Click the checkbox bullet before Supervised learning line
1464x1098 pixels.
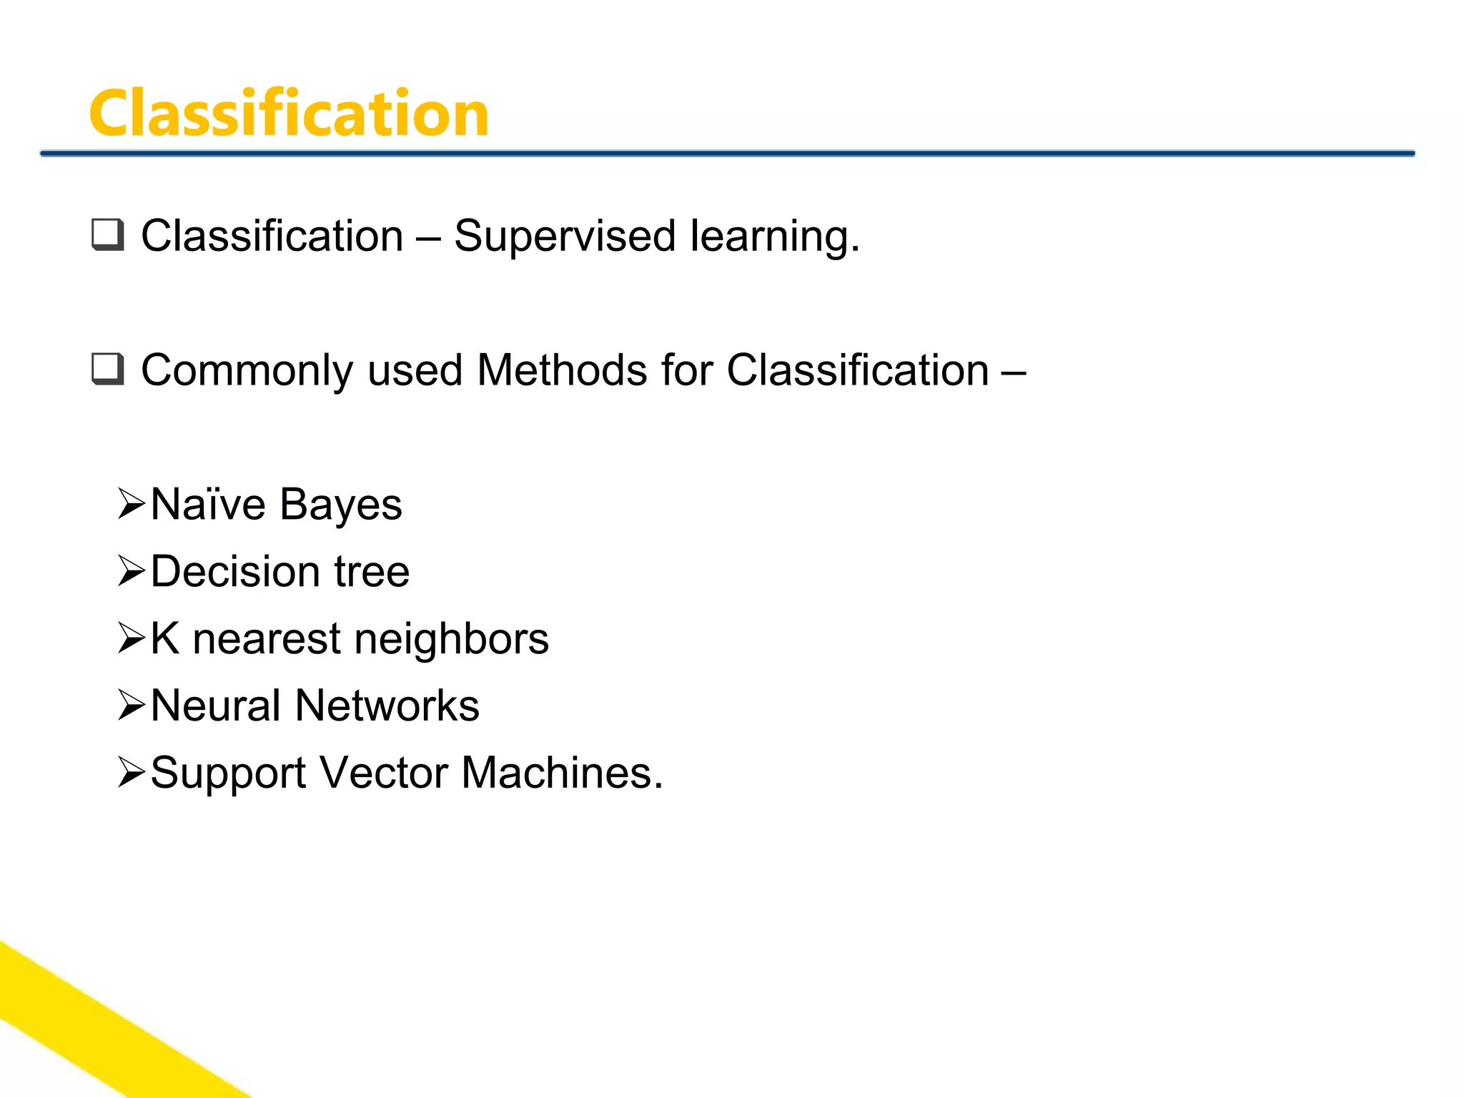click(x=108, y=235)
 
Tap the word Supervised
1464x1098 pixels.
click(x=565, y=237)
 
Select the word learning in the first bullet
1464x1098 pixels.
click(x=774, y=237)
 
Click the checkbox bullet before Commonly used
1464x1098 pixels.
click(x=108, y=370)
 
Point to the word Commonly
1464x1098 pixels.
click(x=247, y=372)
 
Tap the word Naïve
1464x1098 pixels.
click(x=208, y=505)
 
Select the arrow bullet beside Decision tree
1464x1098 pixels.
click(x=132, y=571)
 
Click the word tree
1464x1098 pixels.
click(x=372, y=572)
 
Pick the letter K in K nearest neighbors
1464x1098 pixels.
click(x=164, y=638)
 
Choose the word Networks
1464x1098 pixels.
click(x=387, y=706)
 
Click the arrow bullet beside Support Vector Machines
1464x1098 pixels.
click(x=132, y=773)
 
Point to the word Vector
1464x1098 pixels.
click(x=383, y=773)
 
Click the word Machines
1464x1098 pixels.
click(x=561, y=773)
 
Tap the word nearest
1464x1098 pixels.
click(x=267, y=639)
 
